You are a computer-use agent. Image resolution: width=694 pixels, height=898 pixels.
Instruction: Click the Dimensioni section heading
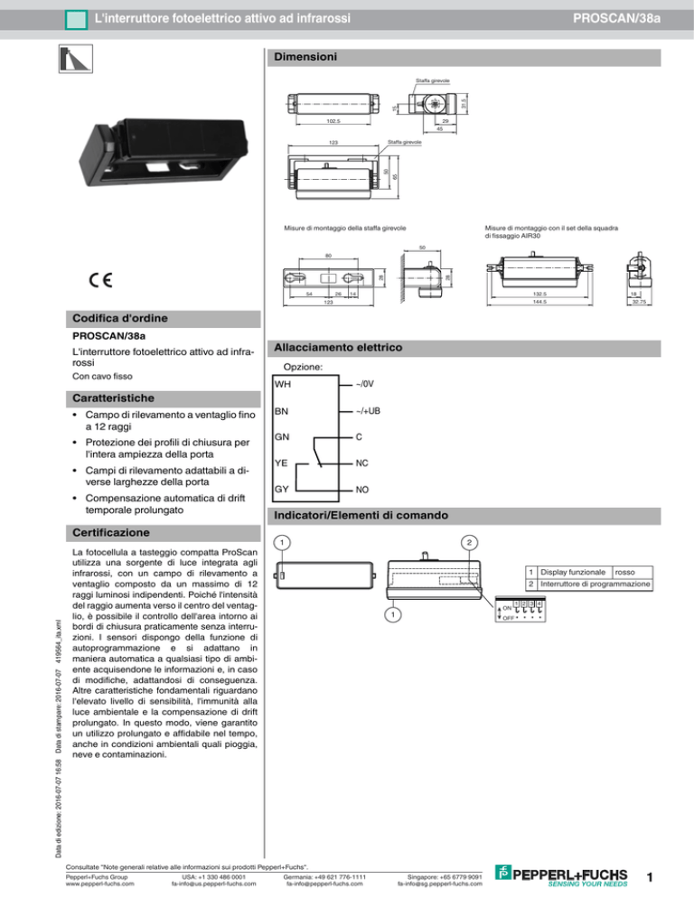(x=306, y=57)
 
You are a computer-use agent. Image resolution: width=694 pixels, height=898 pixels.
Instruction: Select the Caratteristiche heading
(x=113, y=398)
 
